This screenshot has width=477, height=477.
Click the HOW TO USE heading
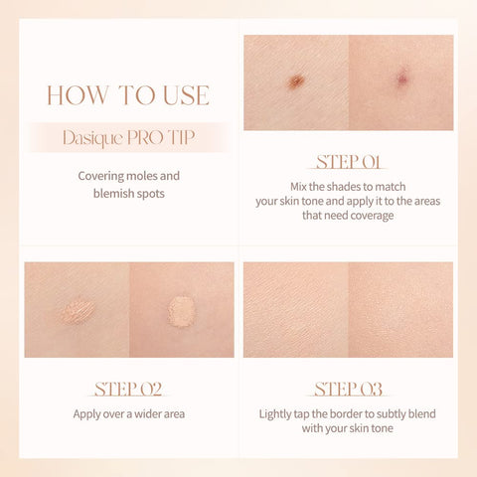pyautogui.click(x=128, y=95)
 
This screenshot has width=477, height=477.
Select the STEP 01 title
pyautogui.click(x=348, y=161)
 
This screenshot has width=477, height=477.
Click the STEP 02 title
pyautogui.click(x=128, y=388)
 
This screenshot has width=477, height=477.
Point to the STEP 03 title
pyautogui.click(x=348, y=388)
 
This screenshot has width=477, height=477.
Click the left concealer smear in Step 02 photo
pyautogui.click(x=78, y=311)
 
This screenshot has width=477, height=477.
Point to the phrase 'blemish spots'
pyautogui.click(x=128, y=195)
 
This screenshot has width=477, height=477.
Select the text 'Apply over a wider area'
pyautogui.click(x=128, y=413)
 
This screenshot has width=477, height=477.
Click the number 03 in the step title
pyautogui.click(x=370, y=388)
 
